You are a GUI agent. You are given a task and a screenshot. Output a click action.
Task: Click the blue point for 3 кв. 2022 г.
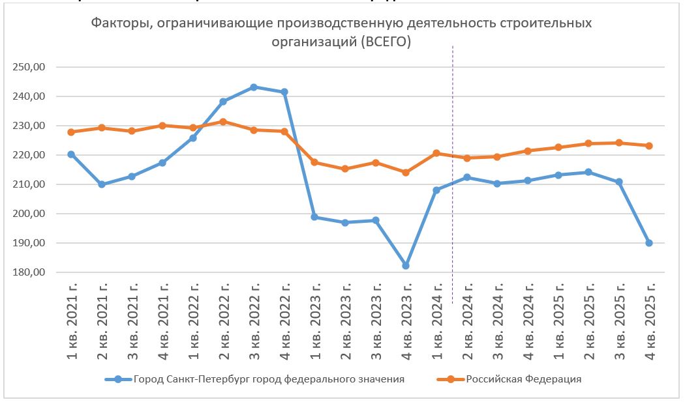coord(254,87)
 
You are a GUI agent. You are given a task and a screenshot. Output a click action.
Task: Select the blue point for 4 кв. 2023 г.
coord(406,266)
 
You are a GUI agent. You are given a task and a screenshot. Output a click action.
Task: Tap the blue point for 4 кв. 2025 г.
coord(649,243)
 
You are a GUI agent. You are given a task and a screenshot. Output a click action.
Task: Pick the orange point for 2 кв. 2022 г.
coord(223,122)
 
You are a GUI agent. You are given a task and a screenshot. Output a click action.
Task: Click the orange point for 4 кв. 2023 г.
coord(406,173)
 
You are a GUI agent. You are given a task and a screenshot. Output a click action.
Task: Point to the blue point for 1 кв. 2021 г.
coord(71,154)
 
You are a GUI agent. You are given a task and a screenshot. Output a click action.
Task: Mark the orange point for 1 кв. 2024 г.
coord(436,153)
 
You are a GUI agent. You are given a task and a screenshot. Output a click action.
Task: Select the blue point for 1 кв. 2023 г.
coord(314,217)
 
